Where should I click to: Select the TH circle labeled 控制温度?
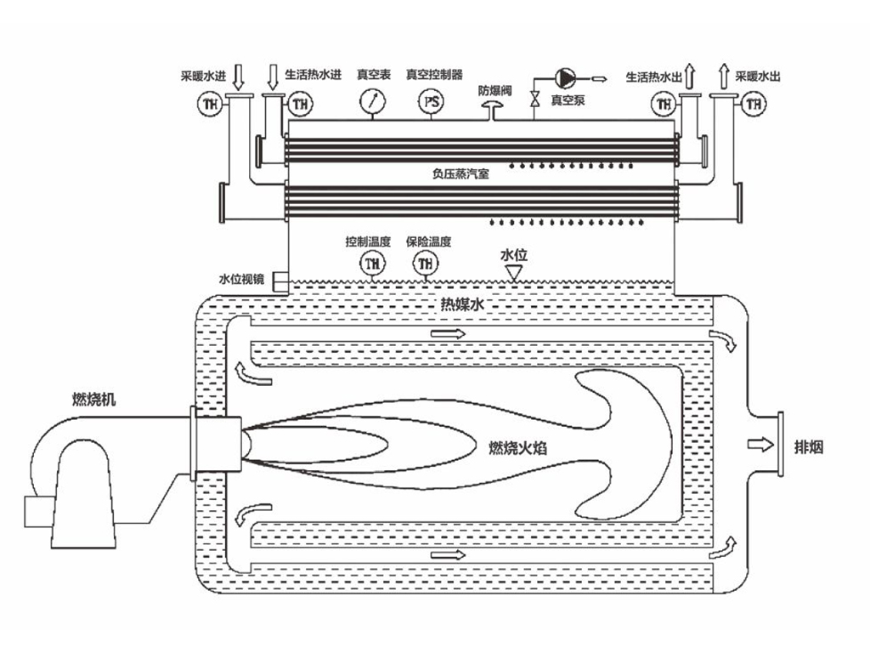tap(371, 264)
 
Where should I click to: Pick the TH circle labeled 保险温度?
tap(424, 264)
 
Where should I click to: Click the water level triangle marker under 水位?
tap(513, 270)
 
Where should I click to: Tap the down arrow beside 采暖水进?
tap(239, 77)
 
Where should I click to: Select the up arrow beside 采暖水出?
tap(723, 77)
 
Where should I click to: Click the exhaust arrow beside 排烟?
tap(760, 444)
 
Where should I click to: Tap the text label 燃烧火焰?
tap(517, 445)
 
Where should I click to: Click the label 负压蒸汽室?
tap(460, 173)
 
